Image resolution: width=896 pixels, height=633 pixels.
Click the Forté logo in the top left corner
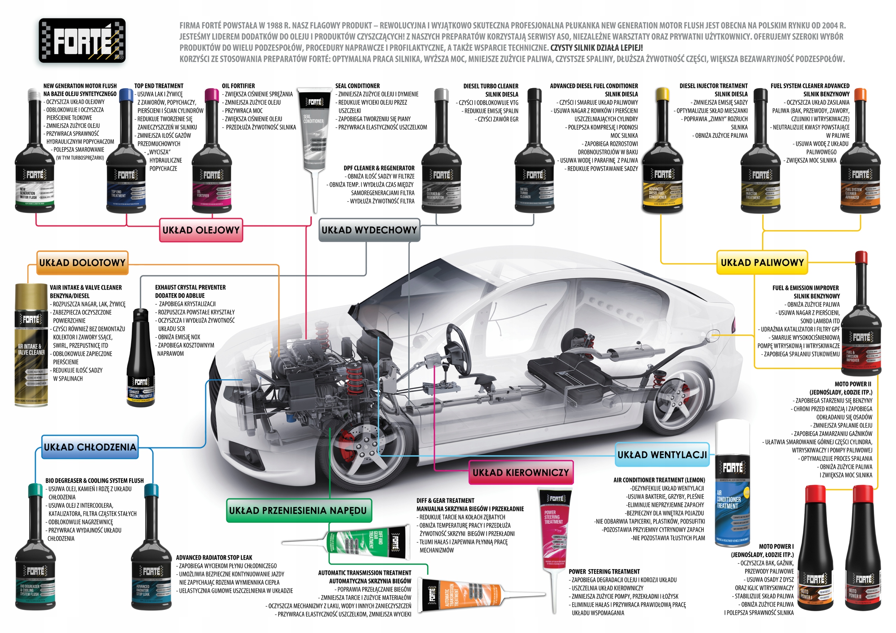click(x=82, y=41)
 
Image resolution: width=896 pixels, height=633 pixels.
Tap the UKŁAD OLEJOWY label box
click(x=201, y=230)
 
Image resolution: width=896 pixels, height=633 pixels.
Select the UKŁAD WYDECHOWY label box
click(x=369, y=230)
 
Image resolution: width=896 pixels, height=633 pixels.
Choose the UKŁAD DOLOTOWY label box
click(x=82, y=263)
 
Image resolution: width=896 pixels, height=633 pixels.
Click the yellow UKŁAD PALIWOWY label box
click(x=762, y=263)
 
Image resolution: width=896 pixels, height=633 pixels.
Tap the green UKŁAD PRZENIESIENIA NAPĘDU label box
click(x=299, y=511)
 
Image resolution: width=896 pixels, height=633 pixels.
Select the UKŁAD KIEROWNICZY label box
click(x=520, y=473)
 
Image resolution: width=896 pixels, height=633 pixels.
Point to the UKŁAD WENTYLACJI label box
click(x=662, y=455)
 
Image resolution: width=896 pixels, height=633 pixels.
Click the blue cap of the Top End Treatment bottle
click(x=126, y=95)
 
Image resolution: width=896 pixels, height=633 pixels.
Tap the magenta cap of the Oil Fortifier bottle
click(x=211, y=95)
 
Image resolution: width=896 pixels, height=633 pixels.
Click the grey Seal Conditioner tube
click(x=314, y=129)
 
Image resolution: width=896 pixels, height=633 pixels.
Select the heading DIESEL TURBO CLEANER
click(x=491, y=86)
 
